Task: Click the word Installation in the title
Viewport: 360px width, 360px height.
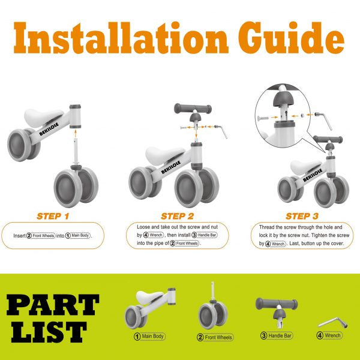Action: [121, 38]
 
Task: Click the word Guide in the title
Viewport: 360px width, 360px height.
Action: [292, 38]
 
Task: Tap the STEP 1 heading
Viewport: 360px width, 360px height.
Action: [53, 216]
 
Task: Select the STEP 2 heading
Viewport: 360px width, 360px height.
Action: [177, 216]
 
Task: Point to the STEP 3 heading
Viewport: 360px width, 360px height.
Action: [302, 216]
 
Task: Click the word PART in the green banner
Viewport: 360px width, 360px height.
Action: [53, 305]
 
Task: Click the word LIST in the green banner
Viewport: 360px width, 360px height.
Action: [49, 332]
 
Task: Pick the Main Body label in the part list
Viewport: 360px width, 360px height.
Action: [149, 337]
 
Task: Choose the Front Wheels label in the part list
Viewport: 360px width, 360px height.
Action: [215, 337]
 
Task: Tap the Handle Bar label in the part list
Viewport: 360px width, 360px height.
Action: [277, 335]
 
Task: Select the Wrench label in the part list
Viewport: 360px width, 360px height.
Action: [329, 335]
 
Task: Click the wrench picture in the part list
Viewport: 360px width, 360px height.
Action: [333, 322]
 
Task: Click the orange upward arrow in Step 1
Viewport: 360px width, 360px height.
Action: [76, 133]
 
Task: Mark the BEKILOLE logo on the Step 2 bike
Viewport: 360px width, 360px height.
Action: [171, 167]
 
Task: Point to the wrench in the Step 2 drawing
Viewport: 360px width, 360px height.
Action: [221, 131]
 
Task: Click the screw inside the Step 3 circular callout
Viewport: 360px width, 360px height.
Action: [263, 118]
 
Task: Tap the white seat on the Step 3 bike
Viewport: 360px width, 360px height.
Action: [305, 167]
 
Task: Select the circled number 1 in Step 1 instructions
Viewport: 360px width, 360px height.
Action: [68, 236]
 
